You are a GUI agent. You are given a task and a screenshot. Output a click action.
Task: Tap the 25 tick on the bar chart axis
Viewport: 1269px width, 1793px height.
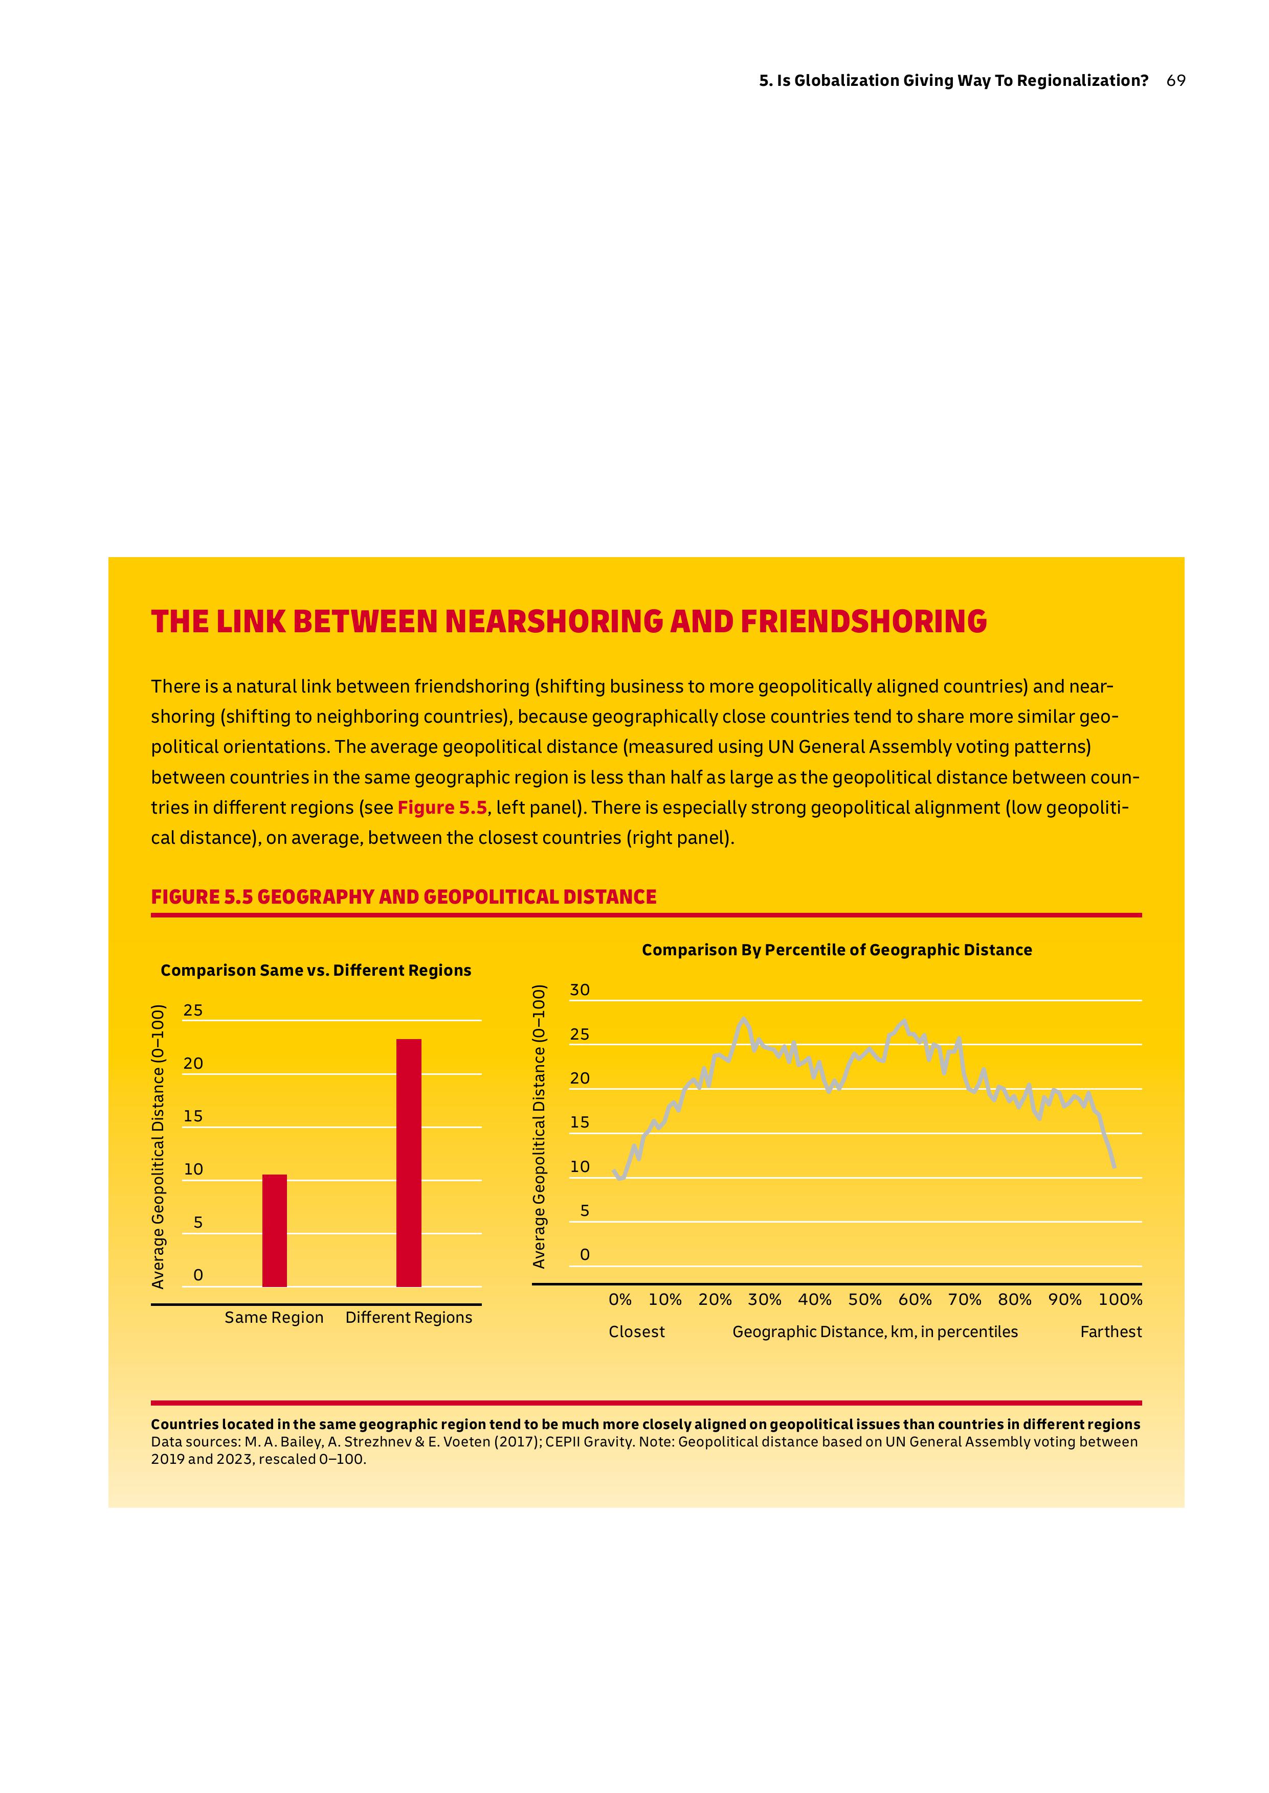[x=192, y=1010]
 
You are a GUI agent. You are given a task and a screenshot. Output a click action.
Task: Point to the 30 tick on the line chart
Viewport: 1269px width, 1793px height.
[x=580, y=990]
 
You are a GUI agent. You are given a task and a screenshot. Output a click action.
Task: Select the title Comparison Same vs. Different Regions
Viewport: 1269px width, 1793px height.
[x=316, y=970]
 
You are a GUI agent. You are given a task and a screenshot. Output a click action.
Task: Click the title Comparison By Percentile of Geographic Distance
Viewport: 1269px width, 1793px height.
[x=836, y=950]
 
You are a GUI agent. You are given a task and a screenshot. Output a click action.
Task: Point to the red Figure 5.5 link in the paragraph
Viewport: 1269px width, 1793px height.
[x=441, y=808]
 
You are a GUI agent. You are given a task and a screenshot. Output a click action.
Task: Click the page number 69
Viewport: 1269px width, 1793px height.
[x=1175, y=80]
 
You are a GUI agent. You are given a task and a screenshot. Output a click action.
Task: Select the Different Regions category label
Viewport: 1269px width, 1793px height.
[x=409, y=1318]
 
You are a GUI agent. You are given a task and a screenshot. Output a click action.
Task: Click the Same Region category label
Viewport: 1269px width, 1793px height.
[x=274, y=1318]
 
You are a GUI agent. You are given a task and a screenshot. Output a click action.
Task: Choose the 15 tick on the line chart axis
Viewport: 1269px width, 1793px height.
[x=580, y=1123]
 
